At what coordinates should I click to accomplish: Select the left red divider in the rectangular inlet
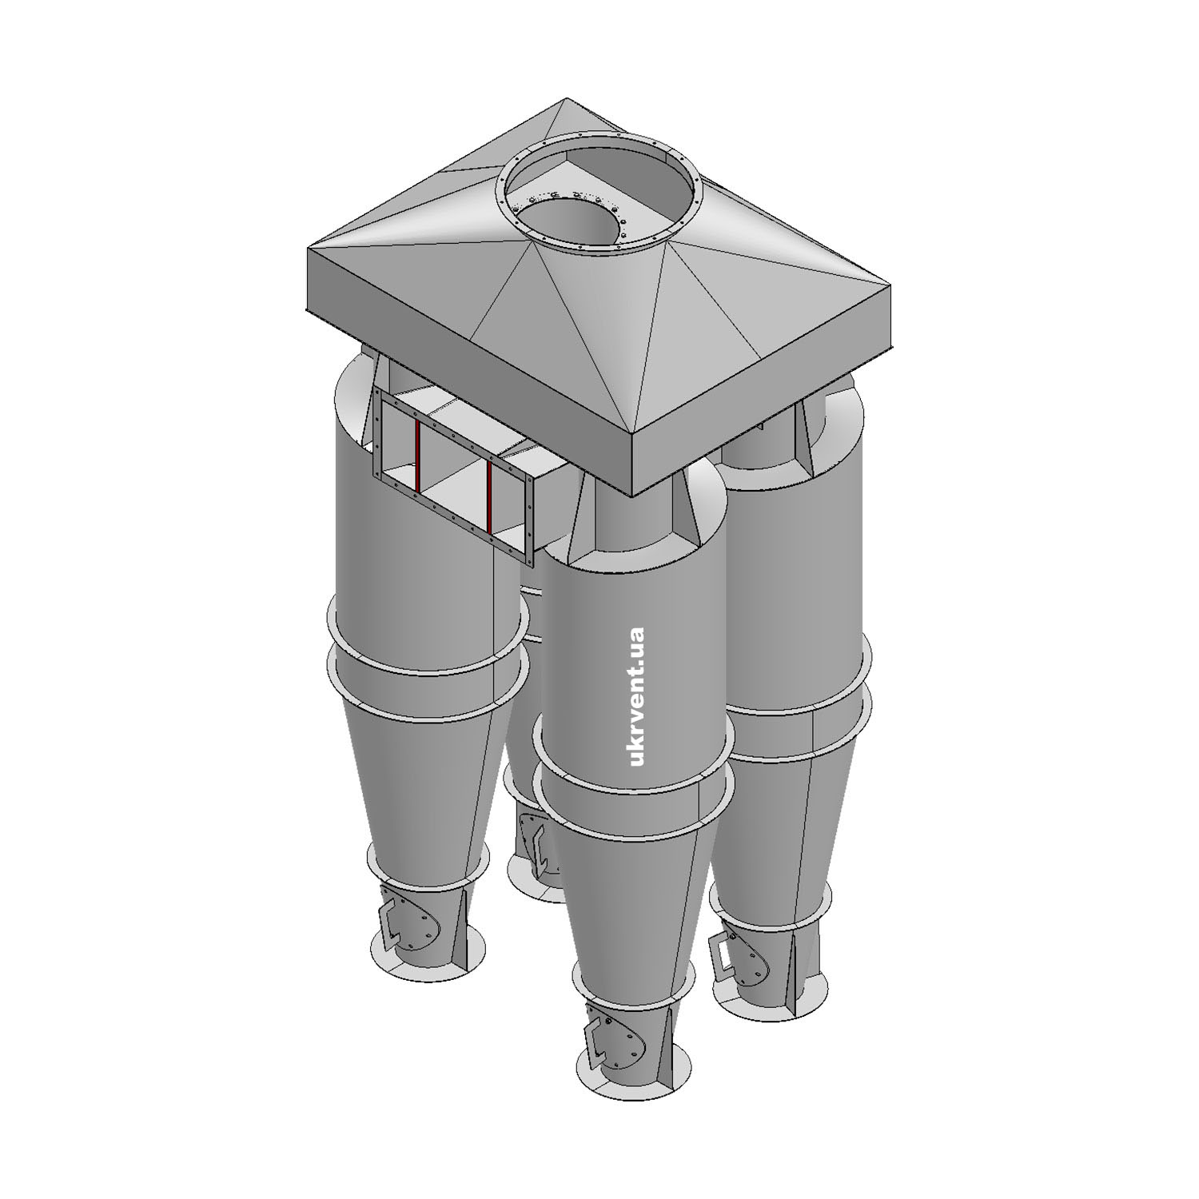(x=417, y=454)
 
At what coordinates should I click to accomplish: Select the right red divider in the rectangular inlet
(x=488, y=497)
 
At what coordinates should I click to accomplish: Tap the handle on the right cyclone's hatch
(x=721, y=954)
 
